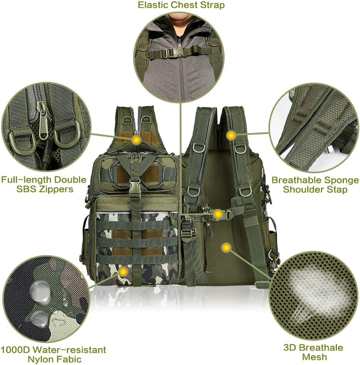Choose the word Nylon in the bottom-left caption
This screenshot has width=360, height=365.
[x=40, y=359]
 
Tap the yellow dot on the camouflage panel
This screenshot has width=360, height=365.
[x=123, y=272]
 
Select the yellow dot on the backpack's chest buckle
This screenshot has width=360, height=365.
[x=218, y=214]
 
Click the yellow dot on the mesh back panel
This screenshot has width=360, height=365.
[x=227, y=248]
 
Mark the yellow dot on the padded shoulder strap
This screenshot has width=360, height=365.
[x=231, y=135]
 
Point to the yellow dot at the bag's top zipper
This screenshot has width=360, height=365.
[x=135, y=140]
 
